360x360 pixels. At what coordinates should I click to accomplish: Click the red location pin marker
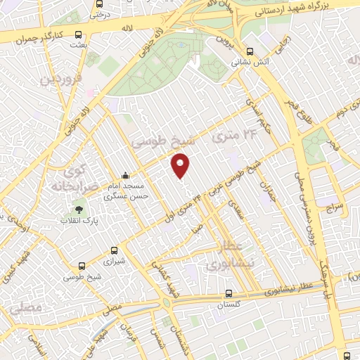181,165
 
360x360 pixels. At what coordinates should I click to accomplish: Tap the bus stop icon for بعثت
78,34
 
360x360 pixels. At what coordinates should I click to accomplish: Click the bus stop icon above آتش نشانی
250,50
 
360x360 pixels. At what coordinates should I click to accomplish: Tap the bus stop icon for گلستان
228,294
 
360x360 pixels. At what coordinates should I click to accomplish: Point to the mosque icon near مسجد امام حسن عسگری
125,176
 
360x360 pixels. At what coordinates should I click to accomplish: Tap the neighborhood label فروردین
58,78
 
